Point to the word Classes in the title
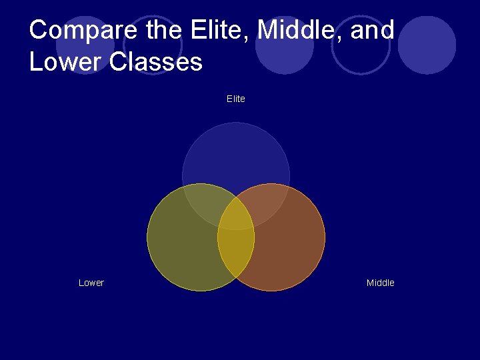pyautogui.click(x=159, y=62)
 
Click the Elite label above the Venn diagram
pyautogui.click(x=236, y=99)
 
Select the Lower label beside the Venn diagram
pyautogui.click(x=91, y=283)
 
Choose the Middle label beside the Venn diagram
pyautogui.click(x=381, y=283)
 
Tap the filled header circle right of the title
pyautogui.click(x=427, y=45)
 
